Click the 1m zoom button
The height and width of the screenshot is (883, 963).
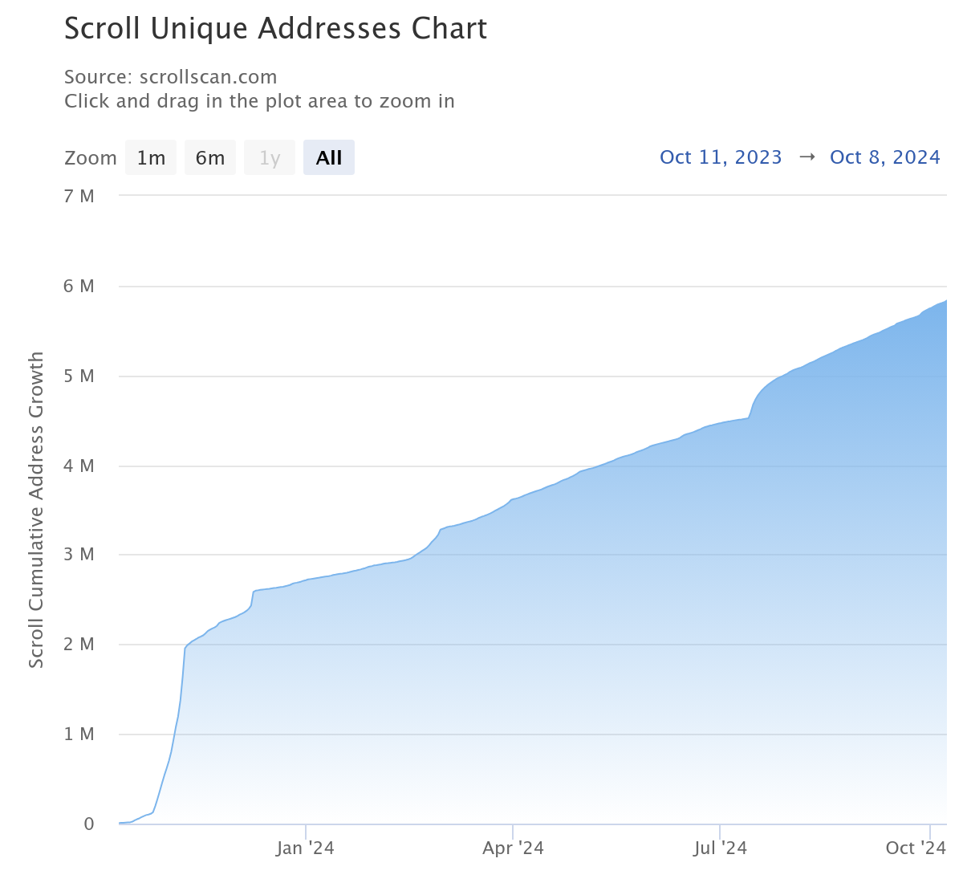[151, 158]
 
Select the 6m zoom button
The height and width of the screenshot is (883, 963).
[210, 158]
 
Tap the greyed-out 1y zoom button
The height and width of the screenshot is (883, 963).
[270, 158]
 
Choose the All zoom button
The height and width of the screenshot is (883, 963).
[329, 158]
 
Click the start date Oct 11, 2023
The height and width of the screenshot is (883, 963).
[721, 157]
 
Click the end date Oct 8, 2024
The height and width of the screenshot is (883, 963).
[884, 157]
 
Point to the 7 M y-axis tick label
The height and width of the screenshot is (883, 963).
[79, 197]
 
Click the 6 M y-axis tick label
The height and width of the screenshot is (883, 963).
[79, 287]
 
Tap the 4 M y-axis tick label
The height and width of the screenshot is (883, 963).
[79, 466]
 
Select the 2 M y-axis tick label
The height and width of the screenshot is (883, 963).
[79, 645]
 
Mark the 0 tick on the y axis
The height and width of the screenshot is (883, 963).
[89, 824]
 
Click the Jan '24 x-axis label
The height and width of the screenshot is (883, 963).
[305, 848]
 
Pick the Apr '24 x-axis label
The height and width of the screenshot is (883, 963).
[513, 848]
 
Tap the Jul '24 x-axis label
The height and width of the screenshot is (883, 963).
[720, 848]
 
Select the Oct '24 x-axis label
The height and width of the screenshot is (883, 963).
[916, 848]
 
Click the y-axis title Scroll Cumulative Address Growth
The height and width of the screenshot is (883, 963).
[36, 510]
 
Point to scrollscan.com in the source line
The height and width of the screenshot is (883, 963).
[208, 77]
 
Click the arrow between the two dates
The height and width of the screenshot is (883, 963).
[807, 157]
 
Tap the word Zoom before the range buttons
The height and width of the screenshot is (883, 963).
[91, 158]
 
